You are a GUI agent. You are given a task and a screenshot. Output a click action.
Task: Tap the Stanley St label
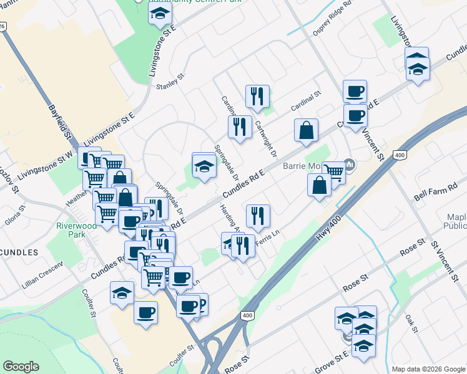(172, 82)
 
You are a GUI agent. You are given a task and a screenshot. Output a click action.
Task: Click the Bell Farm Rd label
(435, 191)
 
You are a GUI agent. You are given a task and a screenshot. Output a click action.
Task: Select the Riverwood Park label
(76, 230)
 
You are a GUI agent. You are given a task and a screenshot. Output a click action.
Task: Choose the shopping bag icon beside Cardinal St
(307, 132)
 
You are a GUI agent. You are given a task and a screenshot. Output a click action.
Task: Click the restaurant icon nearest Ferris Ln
(258, 216)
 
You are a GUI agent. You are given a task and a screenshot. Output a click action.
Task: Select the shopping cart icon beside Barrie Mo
(334, 172)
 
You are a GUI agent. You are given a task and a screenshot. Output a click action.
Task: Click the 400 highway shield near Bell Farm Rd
(400, 153)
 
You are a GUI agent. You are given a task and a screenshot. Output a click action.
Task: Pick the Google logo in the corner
(21, 367)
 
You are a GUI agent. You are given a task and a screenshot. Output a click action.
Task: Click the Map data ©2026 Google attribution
(428, 369)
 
